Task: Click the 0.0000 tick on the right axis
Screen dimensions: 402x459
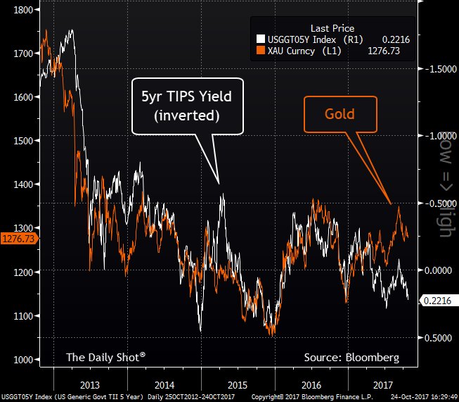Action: [437, 270]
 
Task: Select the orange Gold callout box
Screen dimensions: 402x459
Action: [340, 113]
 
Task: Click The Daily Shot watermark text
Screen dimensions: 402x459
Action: [105, 357]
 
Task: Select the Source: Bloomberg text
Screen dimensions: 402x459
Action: [346, 358]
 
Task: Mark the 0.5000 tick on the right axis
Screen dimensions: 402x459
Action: [437, 337]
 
